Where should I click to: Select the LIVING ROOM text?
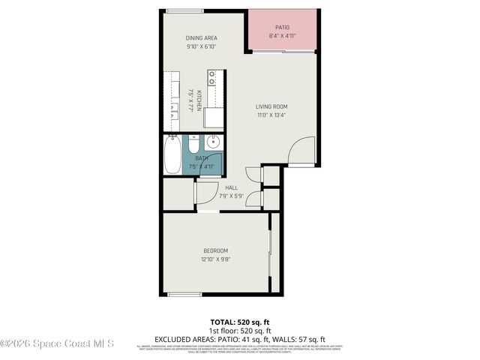tap(271, 106)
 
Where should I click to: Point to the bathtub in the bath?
tap(172, 155)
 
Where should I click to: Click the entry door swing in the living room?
tap(301, 150)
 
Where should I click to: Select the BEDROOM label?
tap(215, 250)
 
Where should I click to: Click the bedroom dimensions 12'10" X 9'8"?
tap(215, 259)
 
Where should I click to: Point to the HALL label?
tap(231, 188)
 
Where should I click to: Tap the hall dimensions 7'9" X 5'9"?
tap(231, 196)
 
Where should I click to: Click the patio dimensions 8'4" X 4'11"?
tap(283, 36)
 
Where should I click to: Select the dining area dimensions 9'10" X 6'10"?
tap(201, 46)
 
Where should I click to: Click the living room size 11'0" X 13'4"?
tap(271, 115)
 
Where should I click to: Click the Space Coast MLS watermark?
tap(57, 344)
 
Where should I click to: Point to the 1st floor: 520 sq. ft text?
tap(239, 330)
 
